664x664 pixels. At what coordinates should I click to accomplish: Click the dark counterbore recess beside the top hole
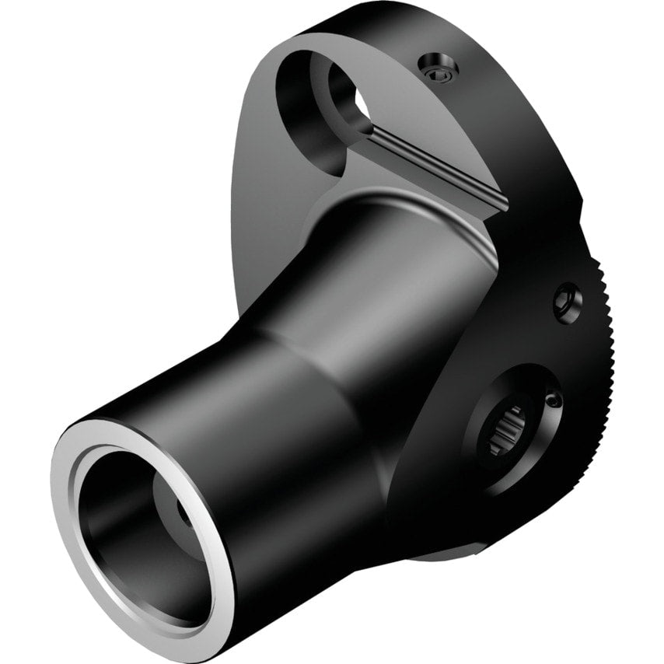[x=299, y=109]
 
